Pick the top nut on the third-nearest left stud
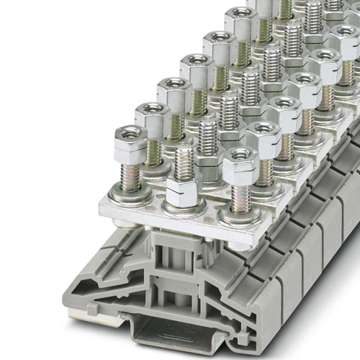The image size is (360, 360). [173, 90]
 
